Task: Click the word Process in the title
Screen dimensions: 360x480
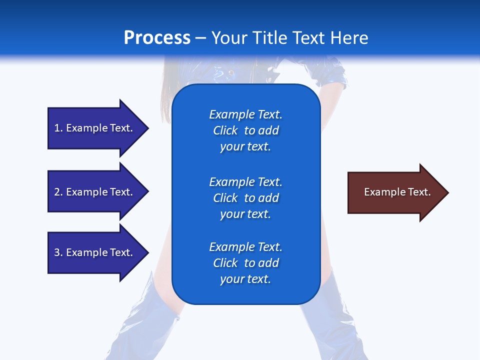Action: tap(157, 38)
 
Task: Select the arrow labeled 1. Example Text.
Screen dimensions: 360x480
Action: tap(95, 128)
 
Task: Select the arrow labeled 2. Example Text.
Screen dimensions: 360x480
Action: tap(95, 192)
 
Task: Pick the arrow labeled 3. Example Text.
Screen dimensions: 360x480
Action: tap(95, 252)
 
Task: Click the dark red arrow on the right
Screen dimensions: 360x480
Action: tap(395, 192)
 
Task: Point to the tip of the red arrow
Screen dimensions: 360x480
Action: tap(447, 192)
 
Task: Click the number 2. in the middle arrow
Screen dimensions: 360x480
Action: tap(58, 192)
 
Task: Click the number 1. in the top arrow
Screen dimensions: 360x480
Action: tap(58, 128)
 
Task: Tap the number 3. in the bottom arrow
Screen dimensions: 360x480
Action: tap(58, 252)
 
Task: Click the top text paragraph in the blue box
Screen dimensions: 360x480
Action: tap(245, 130)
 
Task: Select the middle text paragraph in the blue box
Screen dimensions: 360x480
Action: tap(245, 198)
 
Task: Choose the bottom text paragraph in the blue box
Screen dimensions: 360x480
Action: tap(245, 263)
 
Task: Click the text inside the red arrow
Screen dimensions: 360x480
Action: tap(397, 192)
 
